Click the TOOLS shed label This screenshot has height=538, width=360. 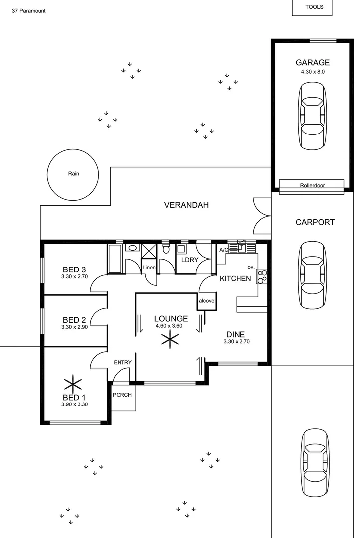click(314, 7)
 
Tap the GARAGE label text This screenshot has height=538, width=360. click(312, 63)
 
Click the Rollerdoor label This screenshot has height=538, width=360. click(312, 185)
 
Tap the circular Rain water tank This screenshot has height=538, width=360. click(74, 174)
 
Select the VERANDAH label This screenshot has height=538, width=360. click(186, 205)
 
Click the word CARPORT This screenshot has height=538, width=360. click(315, 223)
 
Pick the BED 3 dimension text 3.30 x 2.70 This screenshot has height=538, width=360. click(74, 276)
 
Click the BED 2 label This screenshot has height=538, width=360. click(74, 320)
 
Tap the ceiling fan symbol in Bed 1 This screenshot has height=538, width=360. click(73, 384)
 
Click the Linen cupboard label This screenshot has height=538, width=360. click(149, 268)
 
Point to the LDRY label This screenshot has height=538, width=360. click(189, 260)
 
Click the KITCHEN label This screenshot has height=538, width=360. click(235, 278)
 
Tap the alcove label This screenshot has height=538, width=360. click(206, 301)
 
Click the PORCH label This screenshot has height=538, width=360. click(122, 395)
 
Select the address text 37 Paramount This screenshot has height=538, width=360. click(29, 10)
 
